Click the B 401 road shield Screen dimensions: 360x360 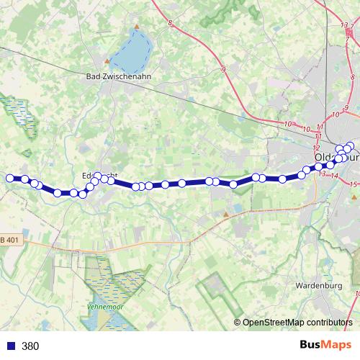tap(9, 240)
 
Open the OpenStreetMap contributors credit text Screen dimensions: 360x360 tap(297, 323)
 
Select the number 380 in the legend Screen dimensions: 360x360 tap(31, 346)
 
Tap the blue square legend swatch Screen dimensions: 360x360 tap(11, 346)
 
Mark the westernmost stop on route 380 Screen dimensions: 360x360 tap(10, 178)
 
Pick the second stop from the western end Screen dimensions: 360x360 tap(24, 179)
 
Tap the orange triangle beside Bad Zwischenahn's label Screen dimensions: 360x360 tap(107, 61)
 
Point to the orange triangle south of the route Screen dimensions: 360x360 tap(225, 214)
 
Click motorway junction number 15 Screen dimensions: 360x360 tap(353, 184)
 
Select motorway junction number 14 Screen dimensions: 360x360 tap(334, 175)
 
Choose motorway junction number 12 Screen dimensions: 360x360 tap(316, 147)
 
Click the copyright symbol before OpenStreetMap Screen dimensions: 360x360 tap(237, 323)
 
